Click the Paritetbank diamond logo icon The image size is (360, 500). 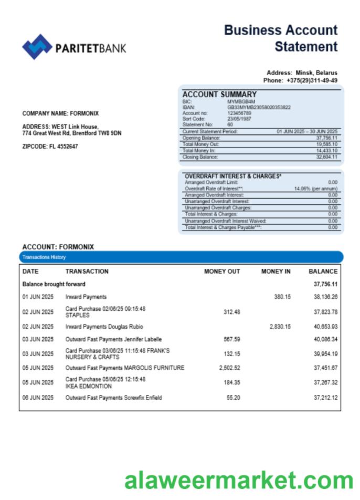click(37, 47)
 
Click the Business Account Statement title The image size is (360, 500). click(281, 38)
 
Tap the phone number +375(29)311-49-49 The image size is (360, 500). click(312, 80)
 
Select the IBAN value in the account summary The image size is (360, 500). click(259, 107)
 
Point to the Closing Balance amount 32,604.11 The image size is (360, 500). click(326, 157)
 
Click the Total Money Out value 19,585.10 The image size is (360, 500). click(326, 144)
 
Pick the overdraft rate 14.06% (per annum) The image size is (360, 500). click(315, 188)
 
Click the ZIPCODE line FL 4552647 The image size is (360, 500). click(50, 147)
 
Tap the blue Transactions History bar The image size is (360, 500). click(181, 257)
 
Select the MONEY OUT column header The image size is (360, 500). click(222, 272)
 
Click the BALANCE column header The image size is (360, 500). click(323, 272)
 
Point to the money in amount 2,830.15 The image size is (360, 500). click(280, 327)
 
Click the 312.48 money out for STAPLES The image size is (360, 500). click(231, 312)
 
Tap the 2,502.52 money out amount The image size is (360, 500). click(229, 368)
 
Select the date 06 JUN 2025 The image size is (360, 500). click(38, 398)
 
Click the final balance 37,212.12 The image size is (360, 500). click(325, 398)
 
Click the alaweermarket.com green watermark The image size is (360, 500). click(239, 481)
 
